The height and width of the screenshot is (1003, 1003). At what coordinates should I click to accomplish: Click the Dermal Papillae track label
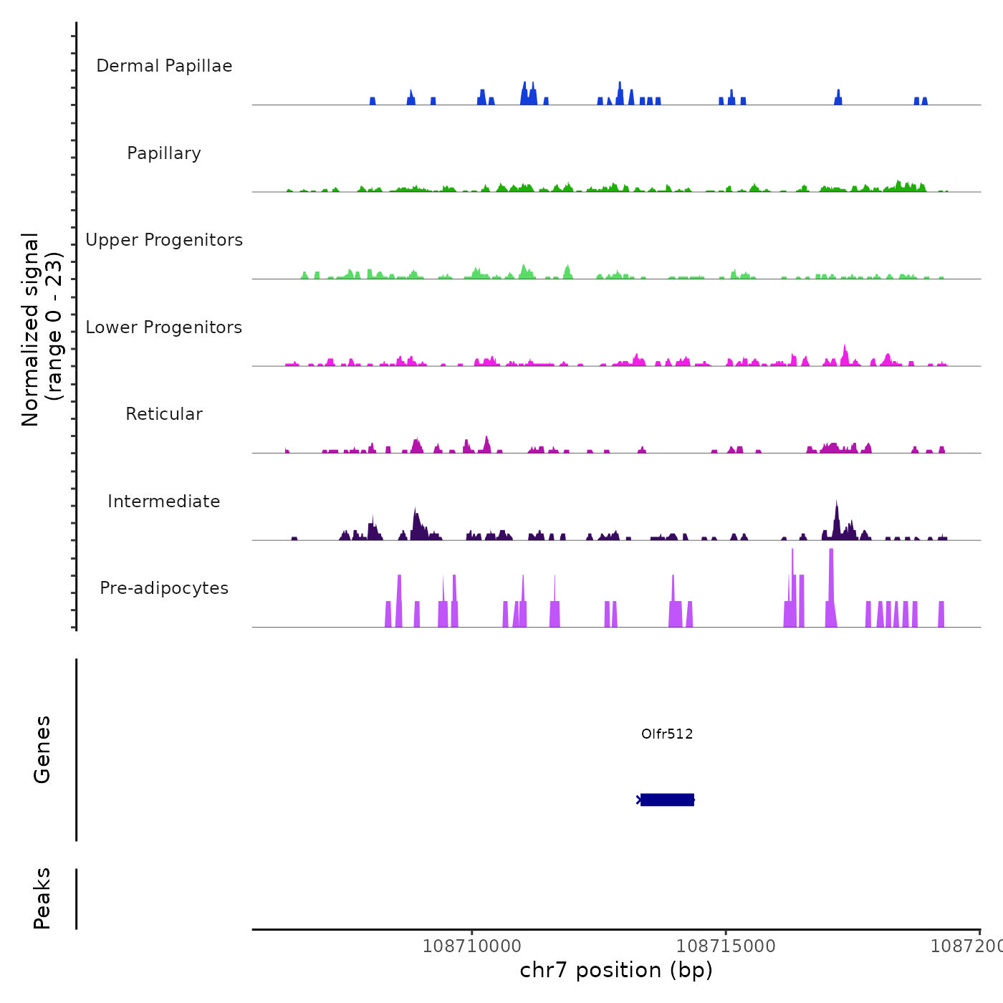coord(164,66)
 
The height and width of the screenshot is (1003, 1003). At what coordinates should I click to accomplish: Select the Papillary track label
coord(164,153)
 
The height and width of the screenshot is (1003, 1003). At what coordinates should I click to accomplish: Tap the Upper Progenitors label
coord(164,240)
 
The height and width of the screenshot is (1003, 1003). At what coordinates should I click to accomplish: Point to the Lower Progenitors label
coord(164,327)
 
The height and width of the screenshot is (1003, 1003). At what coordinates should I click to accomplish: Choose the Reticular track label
coord(164,414)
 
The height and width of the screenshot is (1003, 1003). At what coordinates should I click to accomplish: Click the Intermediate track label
coord(164,501)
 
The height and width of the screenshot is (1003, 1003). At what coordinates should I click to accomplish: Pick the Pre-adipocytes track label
coord(164,588)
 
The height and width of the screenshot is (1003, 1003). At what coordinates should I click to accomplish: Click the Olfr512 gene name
coord(667,734)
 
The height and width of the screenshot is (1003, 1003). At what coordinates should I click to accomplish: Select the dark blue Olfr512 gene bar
coord(667,800)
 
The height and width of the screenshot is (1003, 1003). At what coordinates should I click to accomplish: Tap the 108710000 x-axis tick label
coord(472,946)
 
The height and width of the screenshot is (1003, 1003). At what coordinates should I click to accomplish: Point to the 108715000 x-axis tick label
coord(726,946)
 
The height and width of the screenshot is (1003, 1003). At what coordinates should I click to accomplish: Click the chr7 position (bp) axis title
coord(616,970)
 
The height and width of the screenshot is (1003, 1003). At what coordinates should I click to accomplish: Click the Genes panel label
coord(42,749)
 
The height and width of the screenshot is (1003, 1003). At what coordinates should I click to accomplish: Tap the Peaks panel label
coord(42,898)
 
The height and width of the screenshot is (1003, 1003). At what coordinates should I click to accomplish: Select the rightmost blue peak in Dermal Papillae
coord(925,101)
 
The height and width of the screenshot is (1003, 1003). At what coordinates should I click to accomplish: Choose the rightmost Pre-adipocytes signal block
coord(941,615)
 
